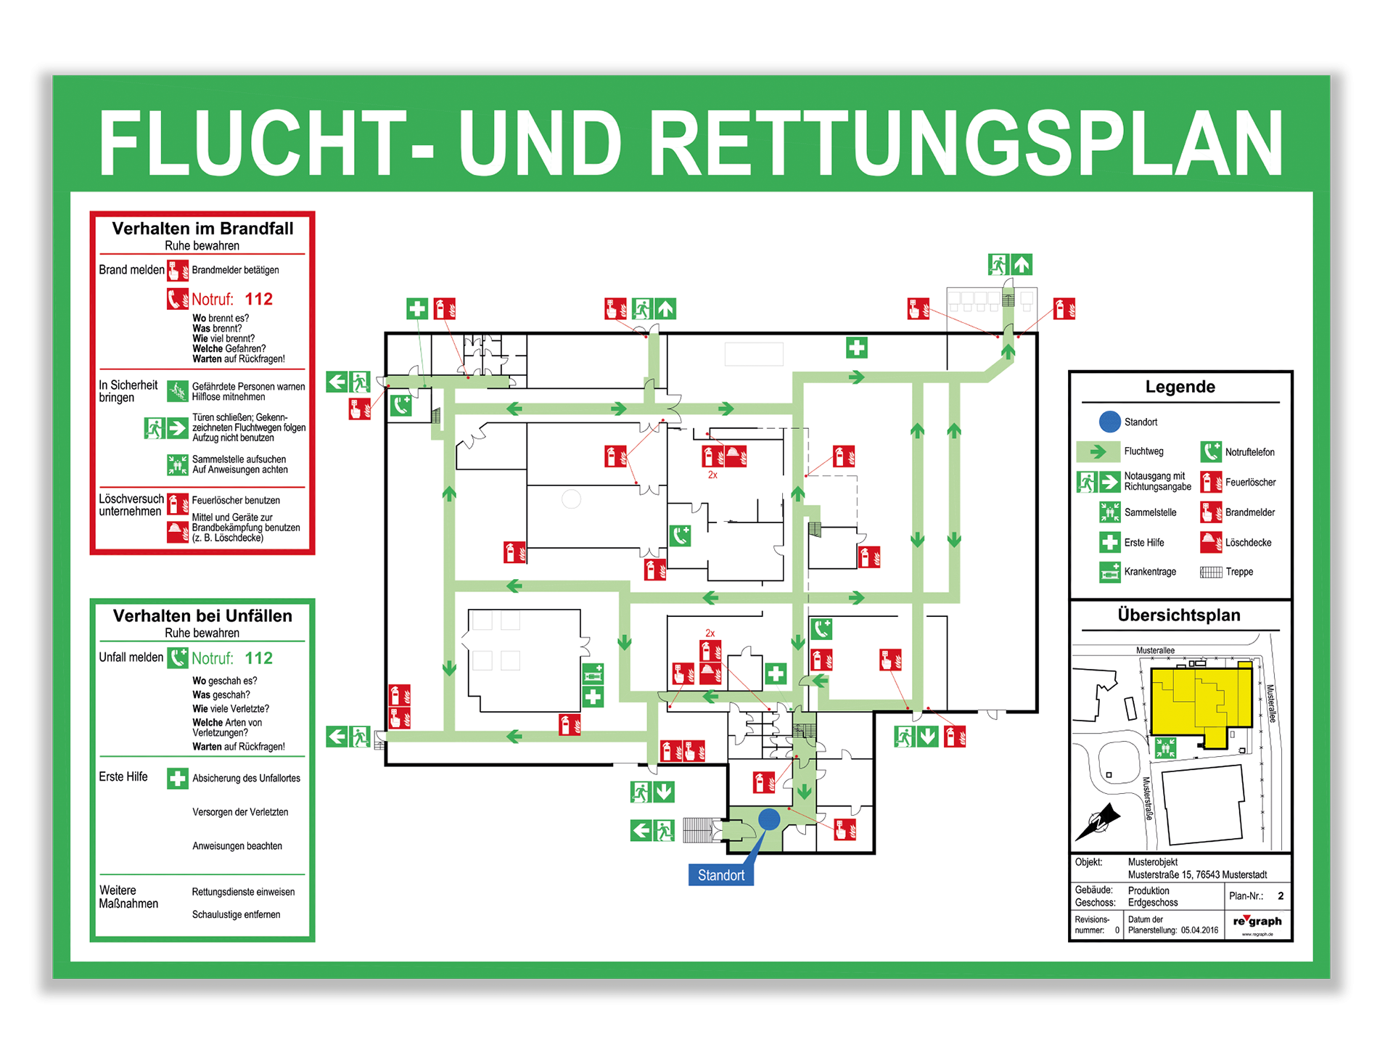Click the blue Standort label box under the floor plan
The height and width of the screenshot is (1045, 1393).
tap(721, 874)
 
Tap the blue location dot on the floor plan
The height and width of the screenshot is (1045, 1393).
tap(769, 819)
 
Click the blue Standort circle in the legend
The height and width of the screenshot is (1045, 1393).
tap(1110, 422)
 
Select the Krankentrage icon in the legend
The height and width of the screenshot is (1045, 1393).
tap(1109, 572)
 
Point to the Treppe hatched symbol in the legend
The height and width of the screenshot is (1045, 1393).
tap(1211, 572)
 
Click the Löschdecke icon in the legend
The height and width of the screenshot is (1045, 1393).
tap(1211, 542)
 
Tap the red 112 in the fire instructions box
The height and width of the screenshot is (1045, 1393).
tap(259, 299)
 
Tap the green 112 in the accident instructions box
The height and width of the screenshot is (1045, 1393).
tap(259, 658)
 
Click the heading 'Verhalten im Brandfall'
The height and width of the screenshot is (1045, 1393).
tap(202, 229)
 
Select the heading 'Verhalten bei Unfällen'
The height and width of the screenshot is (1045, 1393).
tap(202, 616)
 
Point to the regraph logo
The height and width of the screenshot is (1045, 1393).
tap(1257, 921)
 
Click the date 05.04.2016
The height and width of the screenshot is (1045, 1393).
tap(1199, 930)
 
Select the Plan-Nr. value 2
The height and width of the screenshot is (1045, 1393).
tap(1281, 896)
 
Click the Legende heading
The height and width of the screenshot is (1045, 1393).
tap(1180, 387)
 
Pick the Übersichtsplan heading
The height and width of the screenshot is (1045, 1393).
tap(1179, 615)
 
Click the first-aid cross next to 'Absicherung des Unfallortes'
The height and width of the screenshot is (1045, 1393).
tap(178, 779)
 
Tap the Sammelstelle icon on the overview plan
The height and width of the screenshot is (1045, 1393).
tap(1165, 747)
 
